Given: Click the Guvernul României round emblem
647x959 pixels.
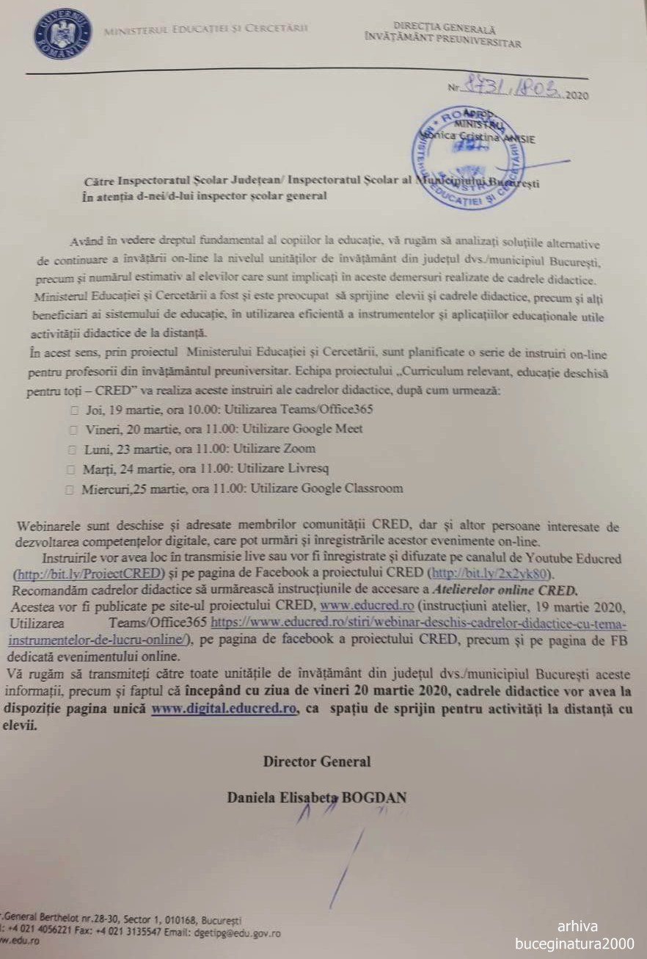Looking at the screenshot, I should point(62,35).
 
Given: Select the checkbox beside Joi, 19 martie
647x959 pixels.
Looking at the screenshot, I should point(74,410).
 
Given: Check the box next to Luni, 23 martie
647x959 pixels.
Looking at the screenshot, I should point(73,449).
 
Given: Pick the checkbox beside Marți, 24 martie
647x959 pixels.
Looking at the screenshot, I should point(71,468).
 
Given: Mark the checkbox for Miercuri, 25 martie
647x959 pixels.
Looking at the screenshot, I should point(70,489).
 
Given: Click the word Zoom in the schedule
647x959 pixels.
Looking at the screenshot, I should point(300,448).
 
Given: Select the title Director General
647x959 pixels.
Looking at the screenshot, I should point(317,761).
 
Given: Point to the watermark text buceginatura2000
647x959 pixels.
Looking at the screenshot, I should point(576,944).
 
